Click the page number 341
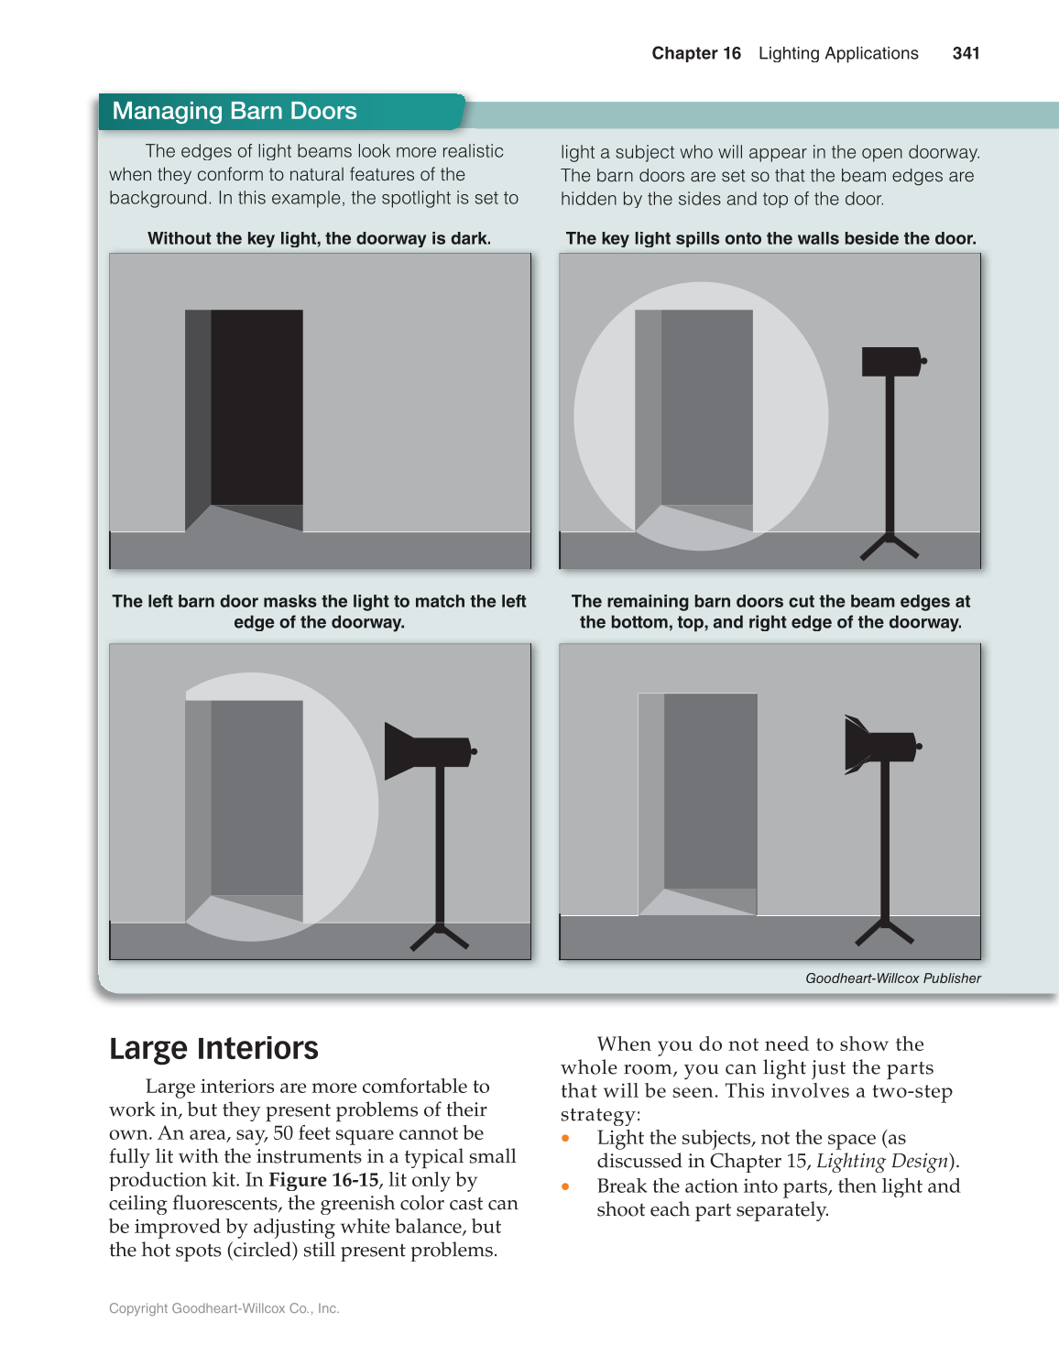(966, 53)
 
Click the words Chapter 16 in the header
(695, 53)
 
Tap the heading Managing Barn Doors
(235, 111)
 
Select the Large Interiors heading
(213, 1048)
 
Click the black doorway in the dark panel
(256, 408)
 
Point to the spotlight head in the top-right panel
(891, 361)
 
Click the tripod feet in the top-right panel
(889, 547)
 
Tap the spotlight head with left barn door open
(426, 750)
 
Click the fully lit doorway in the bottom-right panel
(709, 792)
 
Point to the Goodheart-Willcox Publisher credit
(892, 978)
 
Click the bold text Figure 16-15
(322, 1180)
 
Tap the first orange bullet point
(566, 1138)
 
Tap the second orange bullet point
(566, 1186)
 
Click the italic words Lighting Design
(881, 1162)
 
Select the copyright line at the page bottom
(224, 1308)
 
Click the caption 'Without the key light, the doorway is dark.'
(319, 238)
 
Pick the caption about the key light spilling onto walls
(770, 238)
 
